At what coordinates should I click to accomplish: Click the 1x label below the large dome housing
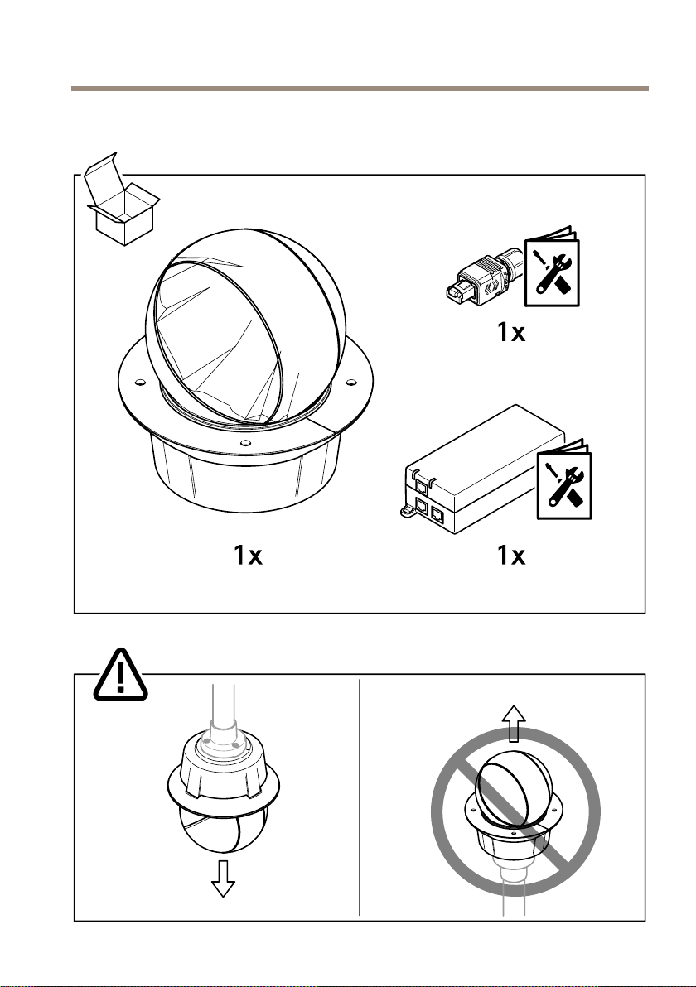tap(248, 555)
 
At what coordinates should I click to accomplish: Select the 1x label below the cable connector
tap(511, 332)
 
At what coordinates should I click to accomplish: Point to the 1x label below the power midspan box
tap(511, 555)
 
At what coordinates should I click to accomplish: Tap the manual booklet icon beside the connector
tap(553, 267)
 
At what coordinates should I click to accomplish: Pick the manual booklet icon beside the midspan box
tap(564, 479)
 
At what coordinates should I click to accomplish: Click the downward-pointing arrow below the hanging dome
tap(223, 879)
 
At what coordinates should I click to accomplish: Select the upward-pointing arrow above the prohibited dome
tap(514, 724)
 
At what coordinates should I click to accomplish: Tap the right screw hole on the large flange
tap(350, 381)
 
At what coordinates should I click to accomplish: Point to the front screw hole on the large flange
tap(244, 442)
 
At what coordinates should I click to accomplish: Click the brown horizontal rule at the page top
tap(360, 89)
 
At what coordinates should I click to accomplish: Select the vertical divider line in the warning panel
tap(360, 797)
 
